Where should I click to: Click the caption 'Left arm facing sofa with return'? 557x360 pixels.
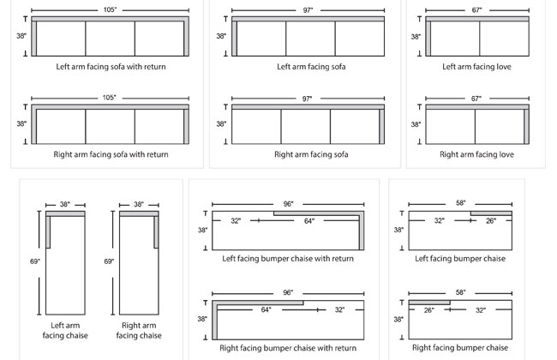click(111, 66)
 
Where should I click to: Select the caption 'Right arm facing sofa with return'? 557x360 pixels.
click(111, 154)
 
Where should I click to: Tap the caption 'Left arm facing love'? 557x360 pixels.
click(476, 66)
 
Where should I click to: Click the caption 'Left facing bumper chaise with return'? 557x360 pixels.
click(289, 258)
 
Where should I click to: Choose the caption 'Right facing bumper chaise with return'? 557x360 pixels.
click(287, 348)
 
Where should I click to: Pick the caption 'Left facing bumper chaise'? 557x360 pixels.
click(460, 258)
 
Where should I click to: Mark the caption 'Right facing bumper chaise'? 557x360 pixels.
click(460, 348)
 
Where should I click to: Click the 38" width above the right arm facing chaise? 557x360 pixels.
click(139, 205)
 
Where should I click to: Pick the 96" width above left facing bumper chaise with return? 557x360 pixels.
click(288, 205)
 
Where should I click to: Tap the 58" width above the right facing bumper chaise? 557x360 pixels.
click(461, 293)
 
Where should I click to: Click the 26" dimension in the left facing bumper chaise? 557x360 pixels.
click(490, 221)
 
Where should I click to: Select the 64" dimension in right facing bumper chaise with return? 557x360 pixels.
click(267, 309)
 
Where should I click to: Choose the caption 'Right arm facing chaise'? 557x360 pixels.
click(140, 330)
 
